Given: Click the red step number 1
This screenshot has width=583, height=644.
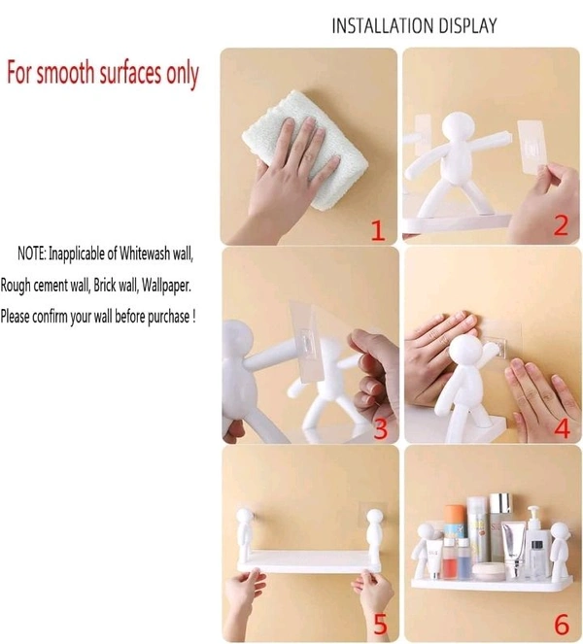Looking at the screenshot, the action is [x=378, y=230].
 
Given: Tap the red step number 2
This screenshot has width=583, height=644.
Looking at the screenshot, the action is [x=561, y=224].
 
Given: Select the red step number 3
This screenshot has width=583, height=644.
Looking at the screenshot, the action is [x=381, y=428].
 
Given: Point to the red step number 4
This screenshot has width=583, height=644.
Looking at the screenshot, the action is [x=562, y=428].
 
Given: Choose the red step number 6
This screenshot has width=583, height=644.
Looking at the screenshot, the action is [x=562, y=625].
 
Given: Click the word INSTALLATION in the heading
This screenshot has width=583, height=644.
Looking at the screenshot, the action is [x=383, y=25].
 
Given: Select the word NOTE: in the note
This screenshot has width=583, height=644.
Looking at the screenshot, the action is [x=32, y=254].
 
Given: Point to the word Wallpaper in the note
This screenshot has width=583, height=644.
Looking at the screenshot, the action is [x=166, y=285].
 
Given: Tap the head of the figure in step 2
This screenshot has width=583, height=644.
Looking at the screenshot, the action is [x=458, y=129].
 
